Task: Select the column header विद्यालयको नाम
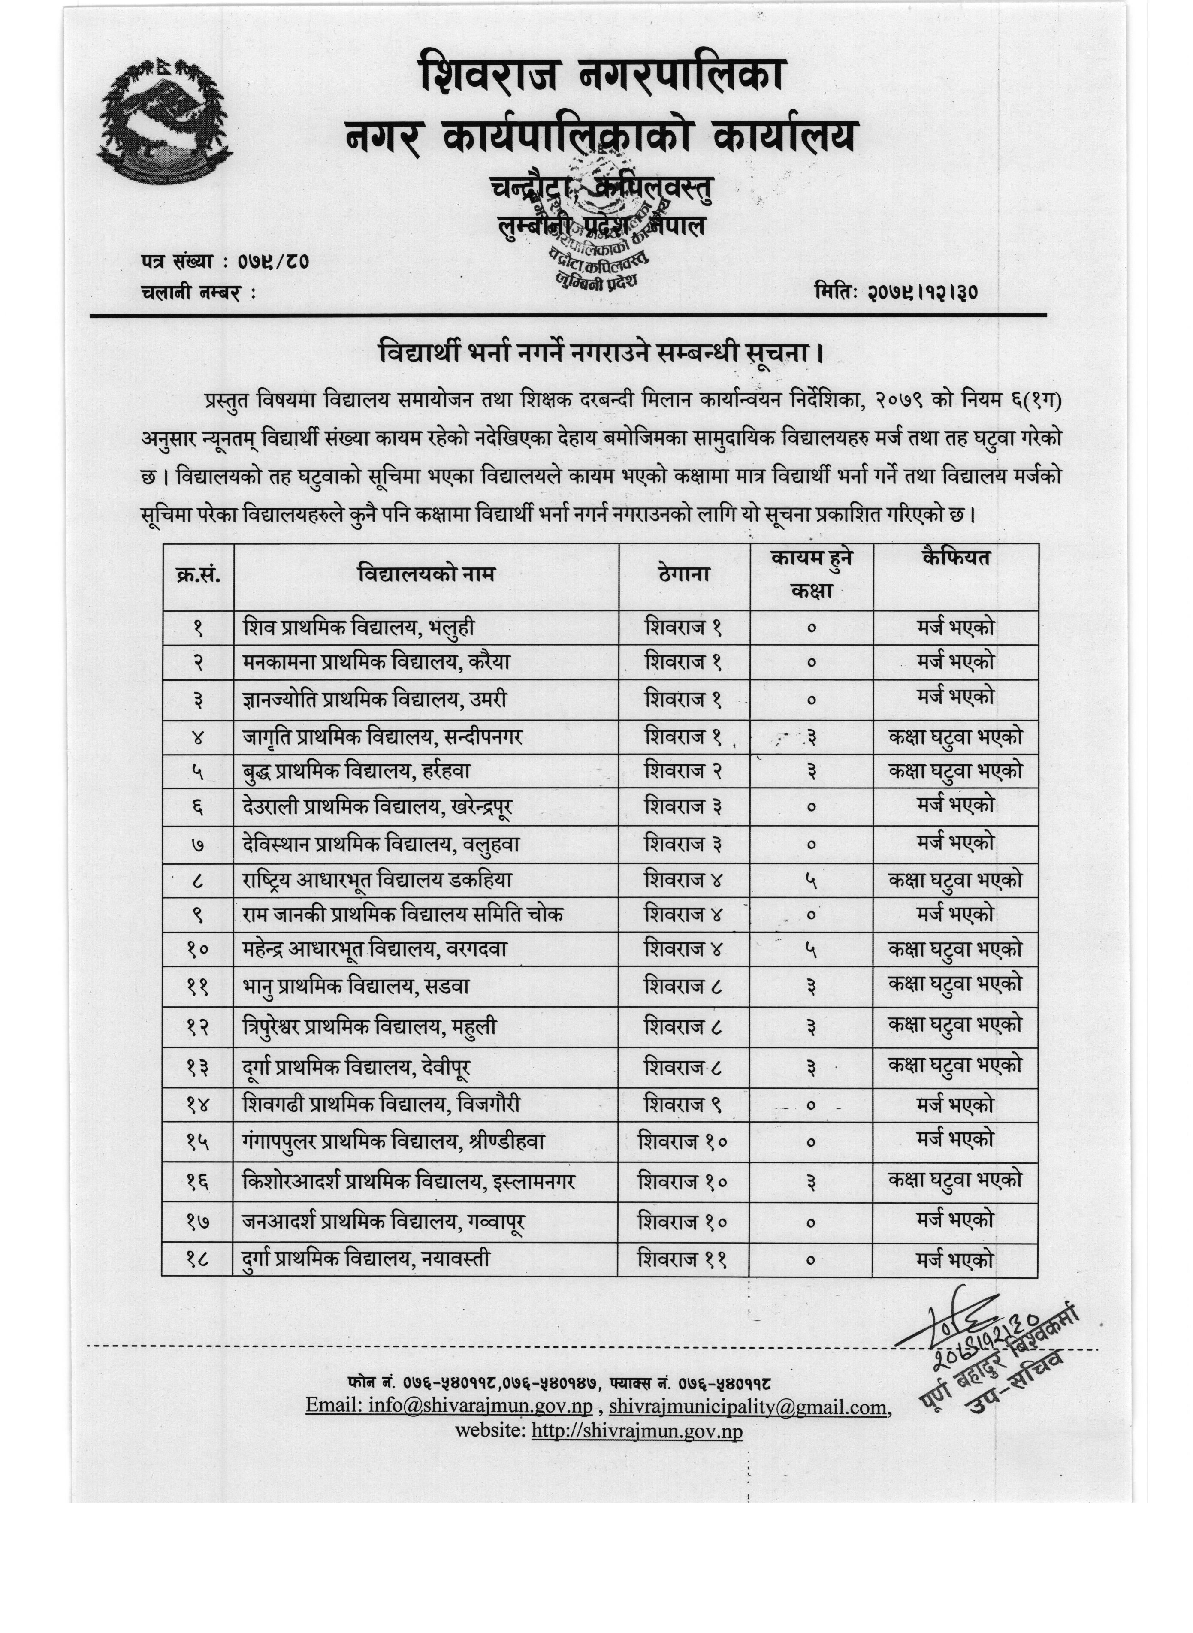[426, 575]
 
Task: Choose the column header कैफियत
[955, 558]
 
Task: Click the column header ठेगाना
[684, 575]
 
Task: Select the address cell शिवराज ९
[683, 1105]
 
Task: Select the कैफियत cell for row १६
[954, 1180]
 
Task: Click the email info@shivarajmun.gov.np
[449, 1407]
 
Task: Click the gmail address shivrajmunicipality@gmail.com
[748, 1407]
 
